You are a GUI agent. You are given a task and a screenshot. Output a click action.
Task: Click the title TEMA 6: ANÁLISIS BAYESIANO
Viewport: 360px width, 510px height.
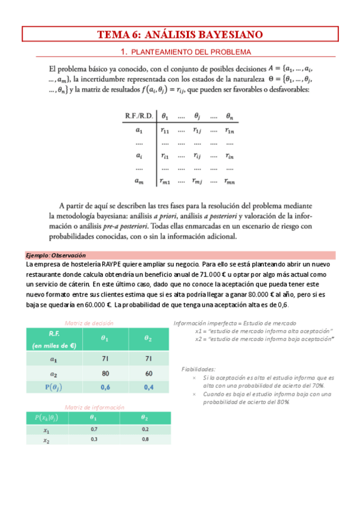[180, 34]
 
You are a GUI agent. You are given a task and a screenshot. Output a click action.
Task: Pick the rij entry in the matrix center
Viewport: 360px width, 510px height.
[197, 155]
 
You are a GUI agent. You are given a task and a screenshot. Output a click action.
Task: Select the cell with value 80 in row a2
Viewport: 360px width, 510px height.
[105, 373]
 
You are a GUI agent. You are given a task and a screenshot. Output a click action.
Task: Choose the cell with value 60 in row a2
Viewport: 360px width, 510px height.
[147, 373]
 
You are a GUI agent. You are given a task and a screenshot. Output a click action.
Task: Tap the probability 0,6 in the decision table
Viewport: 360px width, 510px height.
[105, 387]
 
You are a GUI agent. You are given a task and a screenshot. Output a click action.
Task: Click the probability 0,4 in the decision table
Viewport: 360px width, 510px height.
[147, 387]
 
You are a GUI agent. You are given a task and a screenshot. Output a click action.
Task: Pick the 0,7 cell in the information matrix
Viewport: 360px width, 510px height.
[94, 429]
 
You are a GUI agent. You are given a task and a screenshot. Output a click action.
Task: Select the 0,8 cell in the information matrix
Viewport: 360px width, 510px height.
[144, 440]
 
